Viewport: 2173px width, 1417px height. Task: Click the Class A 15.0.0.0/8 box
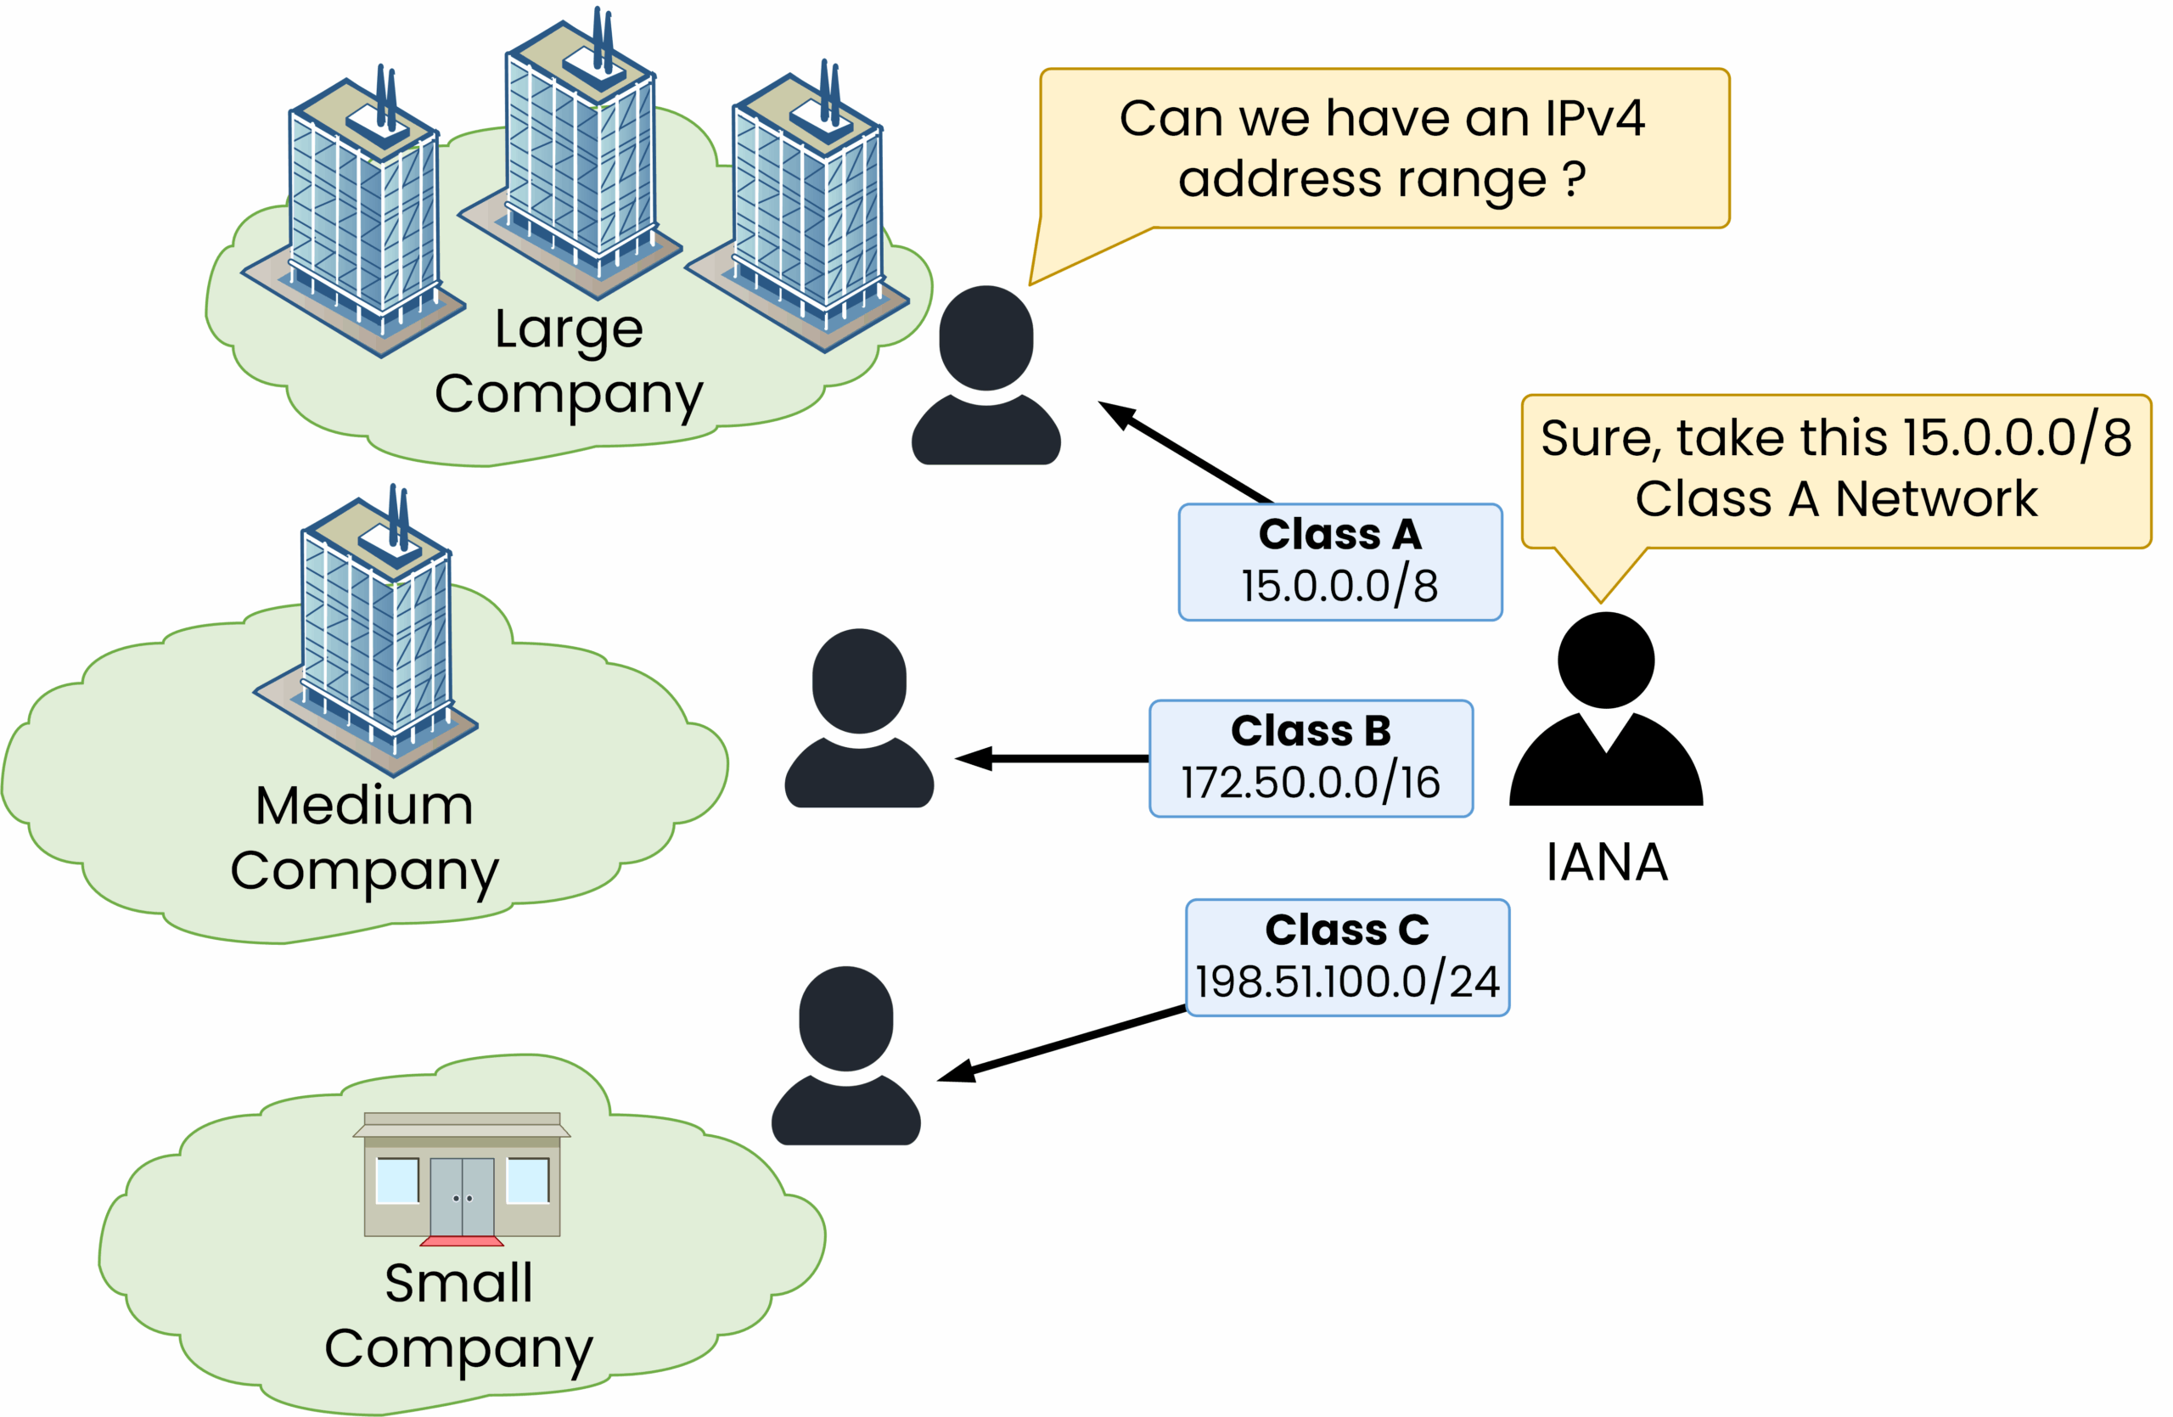(1339, 562)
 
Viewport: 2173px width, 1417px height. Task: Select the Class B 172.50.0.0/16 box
(1311, 759)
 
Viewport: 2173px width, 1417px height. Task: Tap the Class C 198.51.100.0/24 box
(1347, 958)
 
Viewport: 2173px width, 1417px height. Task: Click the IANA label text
(1607, 862)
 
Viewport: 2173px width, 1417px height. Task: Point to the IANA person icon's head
(1606, 661)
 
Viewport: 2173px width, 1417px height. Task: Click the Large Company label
(569, 362)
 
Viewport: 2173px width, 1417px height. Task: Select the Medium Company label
(364, 838)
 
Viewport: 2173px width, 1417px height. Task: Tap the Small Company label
(458, 1316)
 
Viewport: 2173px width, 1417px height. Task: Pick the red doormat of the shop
(462, 1240)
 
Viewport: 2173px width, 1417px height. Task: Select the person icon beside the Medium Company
(859, 718)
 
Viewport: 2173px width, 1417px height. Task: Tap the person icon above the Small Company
(846, 1056)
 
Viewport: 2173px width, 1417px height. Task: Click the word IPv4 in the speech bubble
(1594, 119)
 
